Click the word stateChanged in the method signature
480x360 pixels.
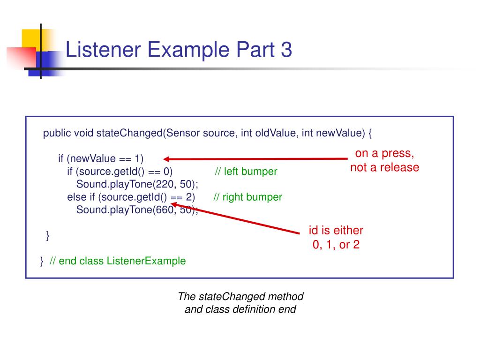click(x=129, y=133)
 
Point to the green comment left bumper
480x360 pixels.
click(x=246, y=172)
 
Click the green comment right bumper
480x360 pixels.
click(x=247, y=197)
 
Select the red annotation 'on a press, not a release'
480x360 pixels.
click(x=384, y=160)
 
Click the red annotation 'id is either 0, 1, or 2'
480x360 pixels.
click(x=336, y=237)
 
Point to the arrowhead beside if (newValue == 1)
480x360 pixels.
click(x=167, y=159)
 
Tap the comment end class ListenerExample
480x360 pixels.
click(x=117, y=261)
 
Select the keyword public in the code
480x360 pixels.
click(x=57, y=133)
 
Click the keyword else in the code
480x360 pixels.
click(x=75, y=197)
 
